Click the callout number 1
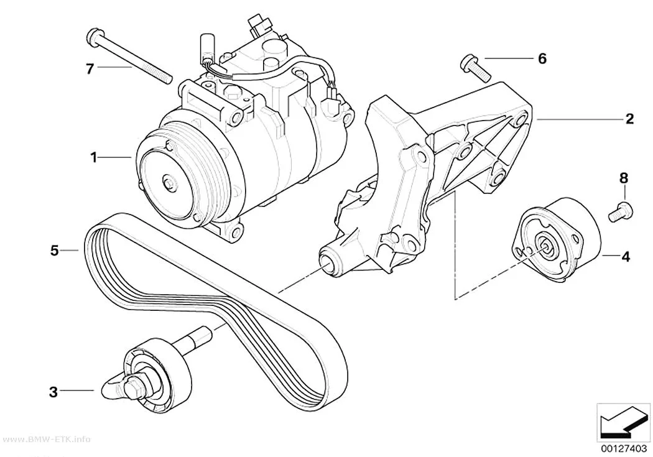click(x=94, y=158)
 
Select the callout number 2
click(x=629, y=119)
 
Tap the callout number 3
click(x=53, y=392)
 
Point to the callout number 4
click(x=626, y=257)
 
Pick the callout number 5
click(x=55, y=251)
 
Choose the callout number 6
click(x=542, y=58)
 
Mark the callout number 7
click(x=90, y=68)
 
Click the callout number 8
click(x=623, y=178)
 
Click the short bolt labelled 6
click(x=475, y=67)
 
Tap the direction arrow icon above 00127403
click(x=623, y=425)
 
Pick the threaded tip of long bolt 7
click(x=167, y=78)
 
